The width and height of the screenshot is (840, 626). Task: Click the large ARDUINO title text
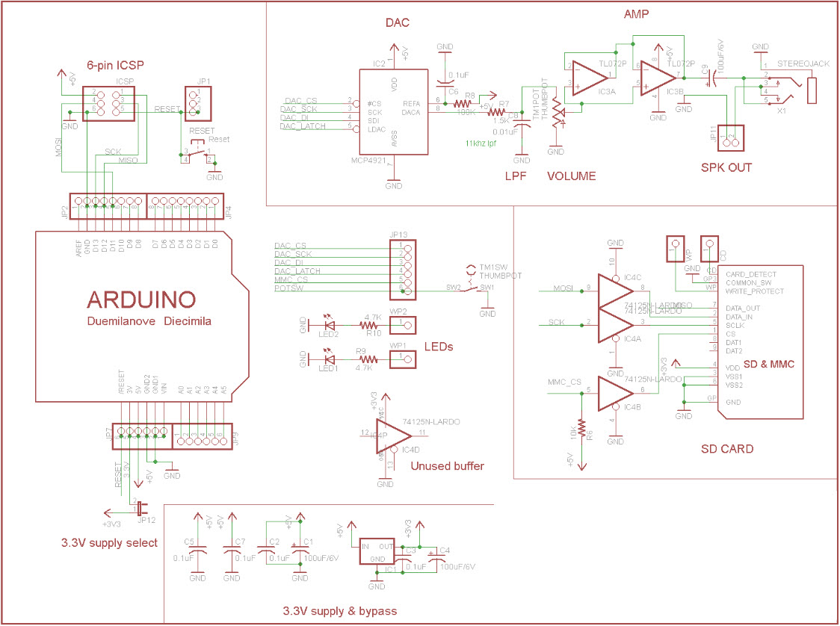tap(142, 300)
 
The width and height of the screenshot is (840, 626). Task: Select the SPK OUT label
tap(726, 167)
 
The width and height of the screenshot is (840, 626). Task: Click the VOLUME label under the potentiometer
tap(572, 176)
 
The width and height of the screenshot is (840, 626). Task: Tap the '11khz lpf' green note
tap(481, 143)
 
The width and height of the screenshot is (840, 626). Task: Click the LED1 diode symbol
tap(329, 359)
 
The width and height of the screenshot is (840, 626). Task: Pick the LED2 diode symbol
tap(329, 325)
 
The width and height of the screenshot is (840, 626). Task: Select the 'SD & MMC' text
tap(769, 364)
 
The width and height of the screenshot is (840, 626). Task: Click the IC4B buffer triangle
tap(615, 390)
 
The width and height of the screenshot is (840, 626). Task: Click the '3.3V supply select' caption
tap(110, 542)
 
